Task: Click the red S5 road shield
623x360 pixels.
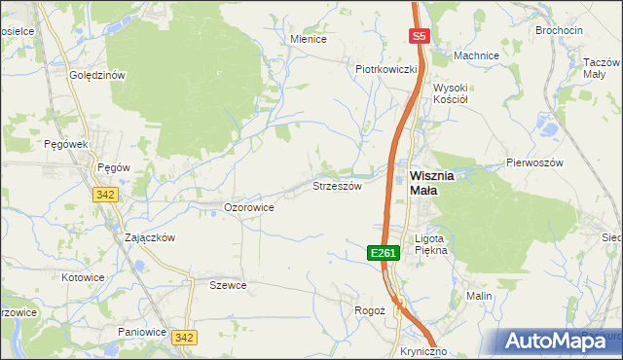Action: (419, 36)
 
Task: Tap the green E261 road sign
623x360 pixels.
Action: (384, 253)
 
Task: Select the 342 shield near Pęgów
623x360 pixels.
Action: (107, 195)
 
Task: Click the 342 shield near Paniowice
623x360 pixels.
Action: (184, 337)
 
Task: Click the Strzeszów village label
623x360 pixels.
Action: (337, 185)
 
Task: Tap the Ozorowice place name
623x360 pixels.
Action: (248, 207)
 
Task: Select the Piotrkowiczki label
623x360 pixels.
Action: (386, 69)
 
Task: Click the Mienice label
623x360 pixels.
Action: (309, 40)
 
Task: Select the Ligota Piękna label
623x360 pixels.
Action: (430, 243)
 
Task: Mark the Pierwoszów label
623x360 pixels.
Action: (534, 163)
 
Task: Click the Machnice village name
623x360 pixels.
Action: (476, 55)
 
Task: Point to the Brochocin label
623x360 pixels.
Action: (560, 30)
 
